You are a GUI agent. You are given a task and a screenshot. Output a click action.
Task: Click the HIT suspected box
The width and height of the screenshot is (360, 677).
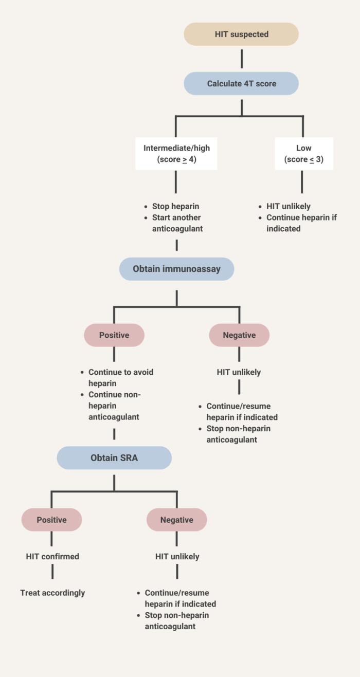(x=241, y=34)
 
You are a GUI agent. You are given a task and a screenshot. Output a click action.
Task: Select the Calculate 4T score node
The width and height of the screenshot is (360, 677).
(x=241, y=83)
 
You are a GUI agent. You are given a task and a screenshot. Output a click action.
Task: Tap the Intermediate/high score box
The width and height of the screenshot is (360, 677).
(x=176, y=153)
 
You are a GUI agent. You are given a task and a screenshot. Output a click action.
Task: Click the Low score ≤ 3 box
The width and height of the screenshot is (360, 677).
(x=303, y=153)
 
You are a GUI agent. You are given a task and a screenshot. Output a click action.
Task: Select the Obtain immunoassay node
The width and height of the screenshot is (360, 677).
(x=176, y=269)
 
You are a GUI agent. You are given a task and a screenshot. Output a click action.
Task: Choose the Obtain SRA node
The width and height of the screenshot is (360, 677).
(x=114, y=458)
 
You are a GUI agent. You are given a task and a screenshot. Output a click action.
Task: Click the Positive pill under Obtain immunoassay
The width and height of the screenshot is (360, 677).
(x=114, y=335)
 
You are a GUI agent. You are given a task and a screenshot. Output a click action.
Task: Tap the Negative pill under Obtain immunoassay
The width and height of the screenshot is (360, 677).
(x=239, y=335)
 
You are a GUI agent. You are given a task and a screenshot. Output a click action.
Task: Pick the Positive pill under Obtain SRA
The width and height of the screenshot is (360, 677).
(x=51, y=520)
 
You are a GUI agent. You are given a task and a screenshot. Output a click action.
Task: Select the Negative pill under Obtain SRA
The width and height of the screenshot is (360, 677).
(x=176, y=520)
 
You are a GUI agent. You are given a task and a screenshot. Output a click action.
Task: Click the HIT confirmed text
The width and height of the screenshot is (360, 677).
(x=52, y=556)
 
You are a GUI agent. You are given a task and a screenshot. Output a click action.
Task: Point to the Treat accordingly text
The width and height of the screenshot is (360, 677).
(x=52, y=593)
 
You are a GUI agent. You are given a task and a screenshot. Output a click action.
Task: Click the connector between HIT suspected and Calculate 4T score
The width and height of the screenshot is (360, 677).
(x=241, y=59)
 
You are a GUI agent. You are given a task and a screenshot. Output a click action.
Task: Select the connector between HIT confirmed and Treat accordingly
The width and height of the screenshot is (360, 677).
(x=52, y=572)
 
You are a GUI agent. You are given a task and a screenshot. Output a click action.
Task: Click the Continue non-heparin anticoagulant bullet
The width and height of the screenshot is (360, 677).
(x=114, y=406)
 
